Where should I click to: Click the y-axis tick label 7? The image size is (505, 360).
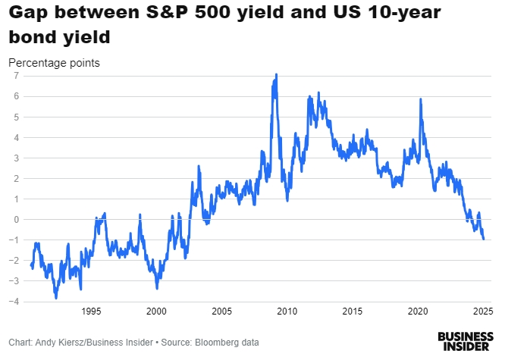(x=17, y=77)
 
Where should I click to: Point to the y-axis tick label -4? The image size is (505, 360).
(x=15, y=302)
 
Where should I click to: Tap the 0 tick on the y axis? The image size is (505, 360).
(x=17, y=220)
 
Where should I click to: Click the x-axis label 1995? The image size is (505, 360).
(x=91, y=311)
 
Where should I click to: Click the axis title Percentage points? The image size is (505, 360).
(x=54, y=62)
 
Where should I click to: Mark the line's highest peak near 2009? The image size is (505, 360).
(x=276, y=74)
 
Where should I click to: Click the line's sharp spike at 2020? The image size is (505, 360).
(x=420, y=99)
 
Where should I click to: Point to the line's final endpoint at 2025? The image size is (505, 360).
(x=484, y=239)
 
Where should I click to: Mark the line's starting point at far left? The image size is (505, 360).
(x=30, y=264)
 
